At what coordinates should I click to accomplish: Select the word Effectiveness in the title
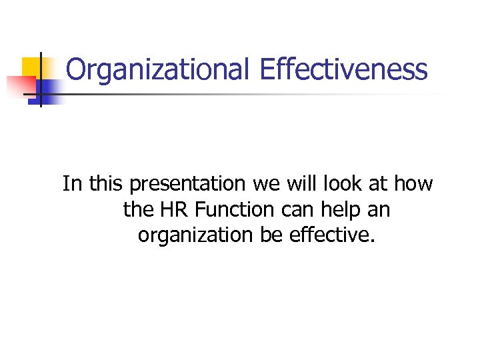pos(344,69)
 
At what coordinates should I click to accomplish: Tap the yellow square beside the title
pos(31,67)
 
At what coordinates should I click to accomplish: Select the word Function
pos(230,210)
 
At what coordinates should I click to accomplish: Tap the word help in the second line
pos(339,210)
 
